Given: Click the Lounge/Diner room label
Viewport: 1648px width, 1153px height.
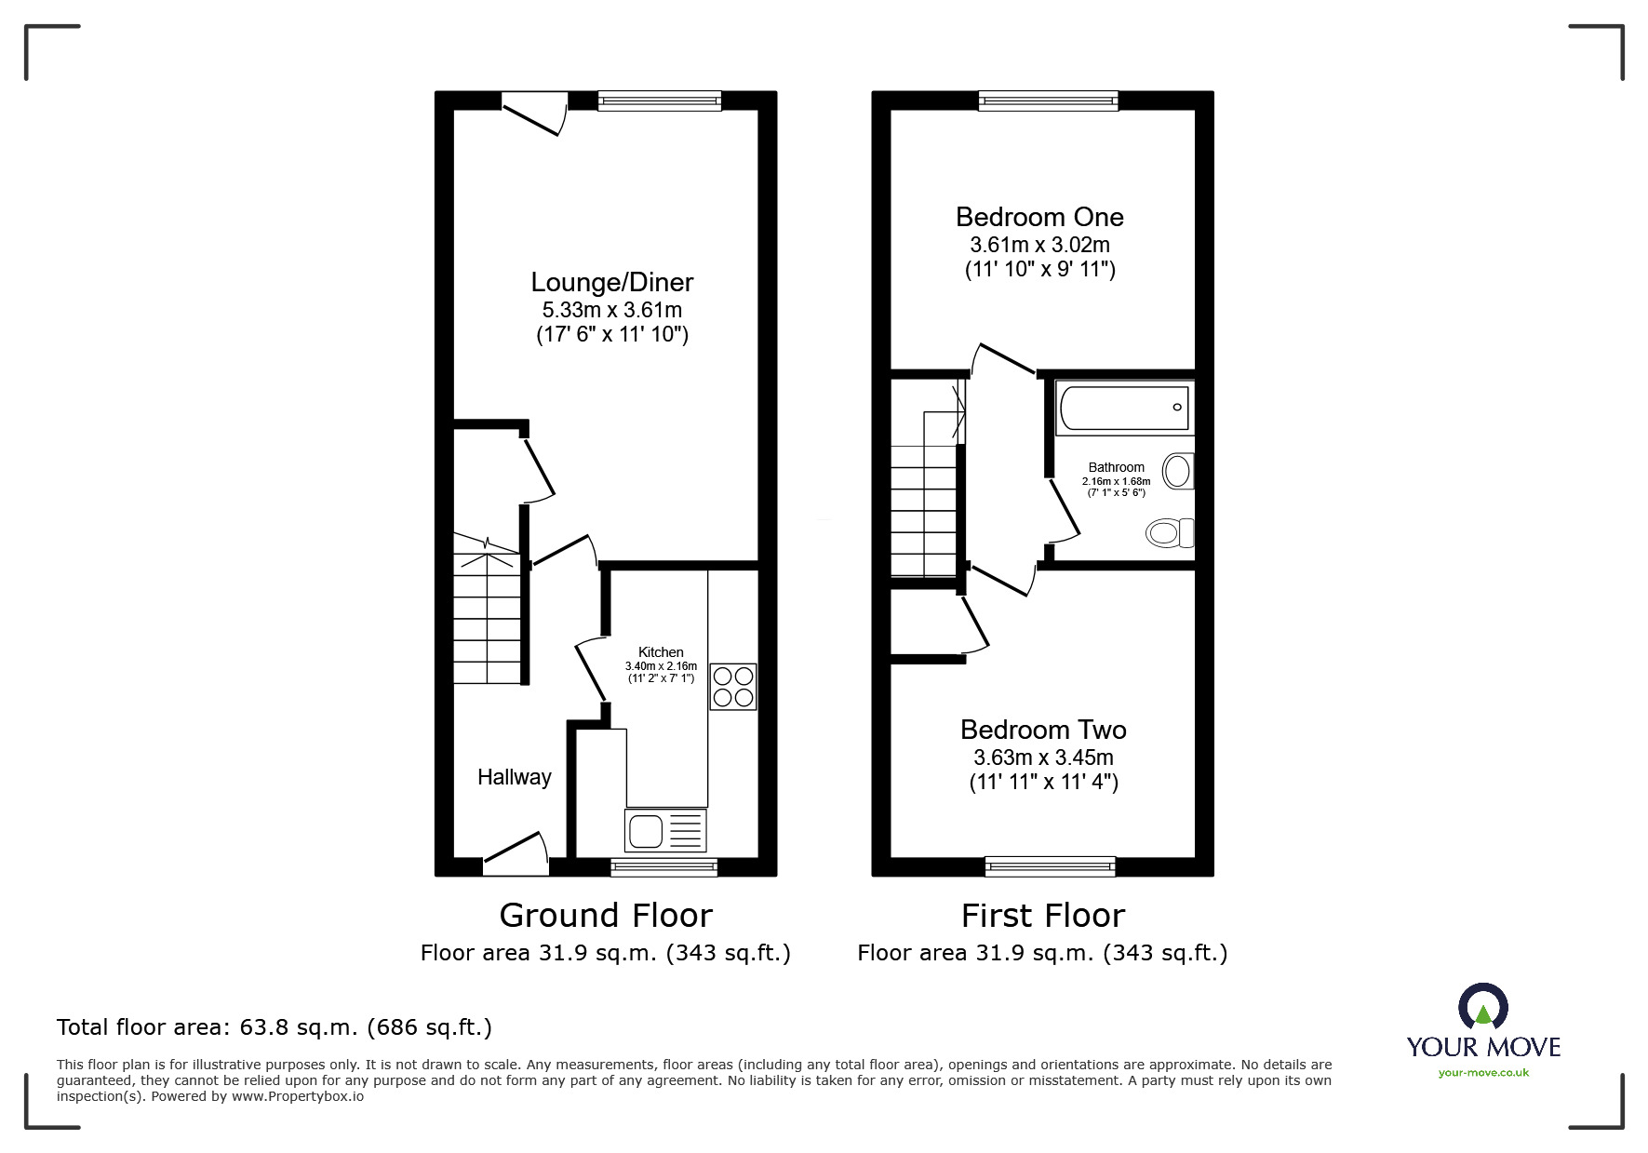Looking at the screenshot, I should pos(611,282).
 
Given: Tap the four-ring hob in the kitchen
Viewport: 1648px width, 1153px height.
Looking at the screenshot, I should pos(732,687).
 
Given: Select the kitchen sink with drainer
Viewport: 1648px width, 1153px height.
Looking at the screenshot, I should pos(665,831).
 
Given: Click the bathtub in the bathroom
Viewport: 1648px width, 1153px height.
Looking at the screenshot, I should pos(1123,409).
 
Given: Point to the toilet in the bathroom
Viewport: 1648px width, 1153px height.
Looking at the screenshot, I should pos(1169,533).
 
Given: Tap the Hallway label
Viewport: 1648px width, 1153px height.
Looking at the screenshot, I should pos(514,777).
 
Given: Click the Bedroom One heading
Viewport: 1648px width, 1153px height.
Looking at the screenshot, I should pos(1039,217).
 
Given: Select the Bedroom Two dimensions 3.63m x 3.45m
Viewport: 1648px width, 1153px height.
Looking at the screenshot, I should pos(1043,757).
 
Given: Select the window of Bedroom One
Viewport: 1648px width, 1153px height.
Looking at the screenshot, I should pos(1048,101).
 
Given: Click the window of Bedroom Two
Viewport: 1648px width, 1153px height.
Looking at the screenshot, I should pos(1050,866).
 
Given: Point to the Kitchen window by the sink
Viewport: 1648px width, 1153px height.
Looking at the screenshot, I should pos(663,866).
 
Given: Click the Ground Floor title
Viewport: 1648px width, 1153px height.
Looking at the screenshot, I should pos(606,916).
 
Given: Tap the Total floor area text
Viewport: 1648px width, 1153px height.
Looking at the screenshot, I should pos(275,1027).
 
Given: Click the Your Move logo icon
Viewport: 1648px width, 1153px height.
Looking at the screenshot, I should pos(1482,1008).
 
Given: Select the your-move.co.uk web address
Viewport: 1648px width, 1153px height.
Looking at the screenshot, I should pos(1483,1073).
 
